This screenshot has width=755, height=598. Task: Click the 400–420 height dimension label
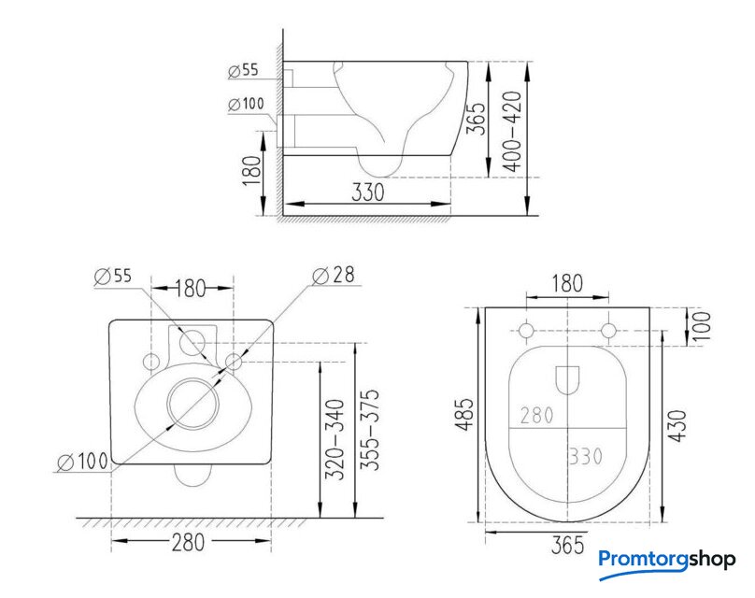[513, 131]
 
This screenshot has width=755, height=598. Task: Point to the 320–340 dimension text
[335, 439]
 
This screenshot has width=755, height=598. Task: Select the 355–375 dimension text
[370, 430]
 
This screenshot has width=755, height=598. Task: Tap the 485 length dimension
[465, 415]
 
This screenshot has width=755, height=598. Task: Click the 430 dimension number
[677, 426]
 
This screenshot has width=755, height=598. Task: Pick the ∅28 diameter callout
[334, 276]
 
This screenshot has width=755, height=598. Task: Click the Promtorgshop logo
[667, 562]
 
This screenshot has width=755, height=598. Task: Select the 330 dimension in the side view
[368, 192]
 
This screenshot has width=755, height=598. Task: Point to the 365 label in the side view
[477, 119]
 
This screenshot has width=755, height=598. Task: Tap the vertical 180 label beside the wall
[252, 170]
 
